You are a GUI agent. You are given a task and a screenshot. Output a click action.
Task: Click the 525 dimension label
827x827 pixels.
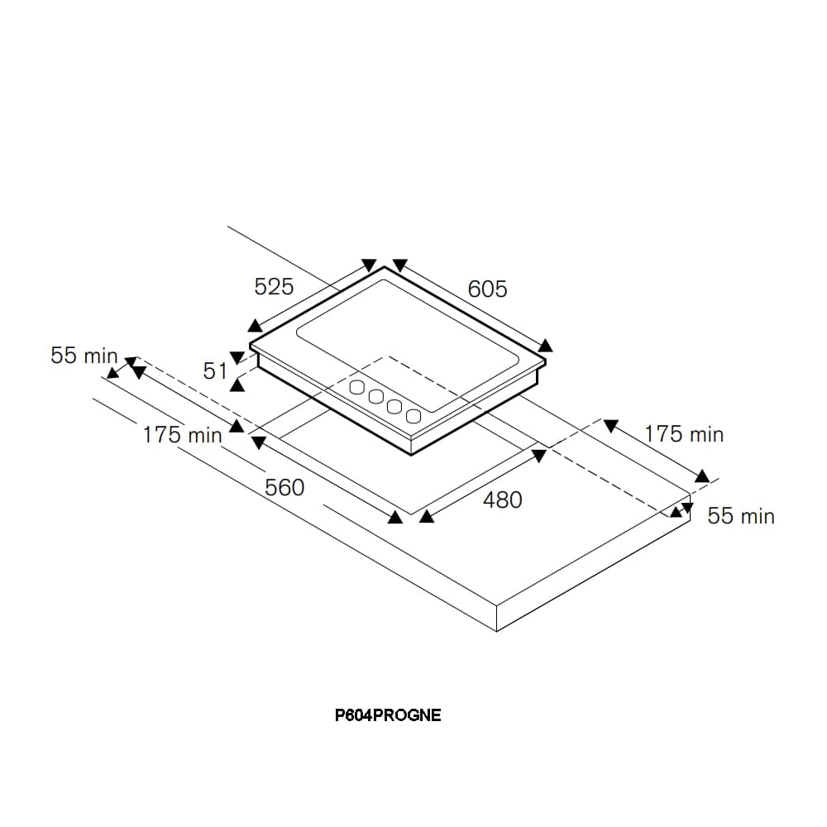[274, 287]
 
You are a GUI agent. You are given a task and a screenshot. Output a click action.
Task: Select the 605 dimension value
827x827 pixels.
[487, 289]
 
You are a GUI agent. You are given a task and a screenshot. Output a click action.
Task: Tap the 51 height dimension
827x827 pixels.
[215, 371]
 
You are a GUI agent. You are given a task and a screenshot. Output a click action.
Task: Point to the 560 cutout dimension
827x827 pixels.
[284, 488]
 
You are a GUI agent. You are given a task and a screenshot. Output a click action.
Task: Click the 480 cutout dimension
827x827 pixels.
[503, 500]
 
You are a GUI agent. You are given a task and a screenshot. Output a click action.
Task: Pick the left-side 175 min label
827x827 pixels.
[183, 435]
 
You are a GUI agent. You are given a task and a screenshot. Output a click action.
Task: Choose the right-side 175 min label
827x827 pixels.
[684, 434]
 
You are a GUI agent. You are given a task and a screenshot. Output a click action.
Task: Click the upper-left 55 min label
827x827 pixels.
[84, 356]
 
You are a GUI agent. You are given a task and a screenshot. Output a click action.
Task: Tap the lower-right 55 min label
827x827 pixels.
[741, 516]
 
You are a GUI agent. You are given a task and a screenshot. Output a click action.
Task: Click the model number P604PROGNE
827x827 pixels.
[388, 715]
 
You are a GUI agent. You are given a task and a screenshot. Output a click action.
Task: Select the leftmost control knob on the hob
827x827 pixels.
[357, 387]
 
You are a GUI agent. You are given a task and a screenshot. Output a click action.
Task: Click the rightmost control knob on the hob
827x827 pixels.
[413, 416]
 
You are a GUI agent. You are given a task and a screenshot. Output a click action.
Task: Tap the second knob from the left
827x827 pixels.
[376, 397]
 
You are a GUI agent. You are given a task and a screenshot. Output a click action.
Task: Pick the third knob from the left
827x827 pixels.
[394, 406]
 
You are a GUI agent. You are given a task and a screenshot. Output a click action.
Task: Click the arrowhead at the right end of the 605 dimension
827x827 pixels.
[545, 346]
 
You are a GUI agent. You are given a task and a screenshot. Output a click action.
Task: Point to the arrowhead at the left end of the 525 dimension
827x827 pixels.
[255, 326]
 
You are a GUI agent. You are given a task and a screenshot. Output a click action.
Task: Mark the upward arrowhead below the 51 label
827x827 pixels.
[237, 385]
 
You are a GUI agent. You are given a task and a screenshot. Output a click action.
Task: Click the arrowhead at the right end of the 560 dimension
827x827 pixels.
[395, 518]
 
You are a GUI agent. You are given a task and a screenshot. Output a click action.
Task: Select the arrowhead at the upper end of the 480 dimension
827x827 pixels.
[539, 456]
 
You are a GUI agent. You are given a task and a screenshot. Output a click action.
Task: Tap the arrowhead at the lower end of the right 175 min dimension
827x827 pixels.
[702, 476]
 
